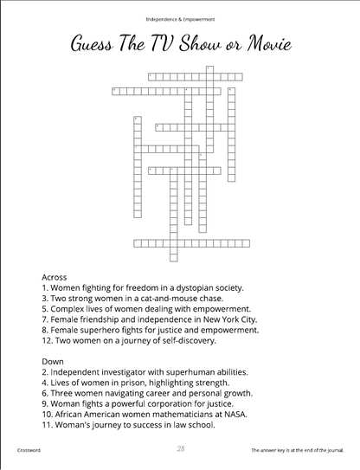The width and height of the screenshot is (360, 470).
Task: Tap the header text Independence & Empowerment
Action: click(180, 18)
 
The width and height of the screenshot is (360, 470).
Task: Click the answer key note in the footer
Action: click(299, 451)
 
